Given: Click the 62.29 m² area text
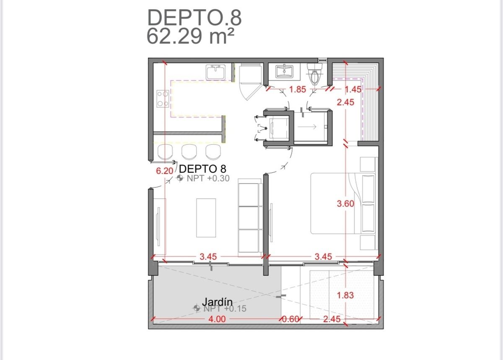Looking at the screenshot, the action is [190, 36].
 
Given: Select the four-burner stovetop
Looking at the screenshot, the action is [163, 98].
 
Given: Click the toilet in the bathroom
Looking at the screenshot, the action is [315, 74].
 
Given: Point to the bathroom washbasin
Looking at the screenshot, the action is [284, 71].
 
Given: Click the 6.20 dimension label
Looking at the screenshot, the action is [165, 171].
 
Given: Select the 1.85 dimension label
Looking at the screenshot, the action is [298, 89].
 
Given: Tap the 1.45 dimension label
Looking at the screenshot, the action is [353, 89].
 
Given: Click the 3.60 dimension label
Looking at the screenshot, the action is [345, 203].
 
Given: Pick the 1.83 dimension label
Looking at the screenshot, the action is [345, 295].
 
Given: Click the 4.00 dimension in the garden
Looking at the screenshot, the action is [217, 319].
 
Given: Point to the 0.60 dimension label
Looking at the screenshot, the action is [290, 319].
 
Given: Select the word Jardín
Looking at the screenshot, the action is [217, 302].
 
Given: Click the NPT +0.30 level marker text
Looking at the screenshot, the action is [208, 178].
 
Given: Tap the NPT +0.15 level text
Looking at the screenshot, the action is [225, 308].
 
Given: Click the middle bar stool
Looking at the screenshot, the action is [189, 152].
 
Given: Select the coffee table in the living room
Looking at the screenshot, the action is [206, 218].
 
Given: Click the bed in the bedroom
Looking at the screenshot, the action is [343, 203].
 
